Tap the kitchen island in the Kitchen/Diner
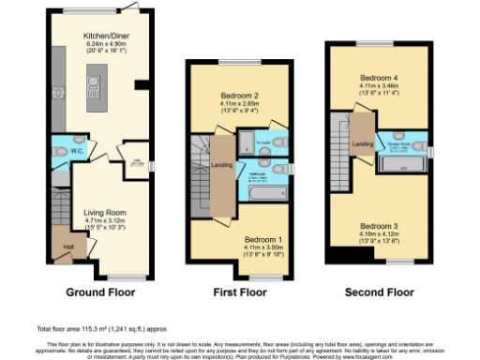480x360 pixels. pos(95,89)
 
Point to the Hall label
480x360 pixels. pos(67,247)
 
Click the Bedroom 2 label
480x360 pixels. pos(239,96)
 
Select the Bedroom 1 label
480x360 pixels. pos(252,238)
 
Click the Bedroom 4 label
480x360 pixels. pos(380,79)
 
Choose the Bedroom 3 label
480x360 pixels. pos(380,226)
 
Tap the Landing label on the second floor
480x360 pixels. pos(361,142)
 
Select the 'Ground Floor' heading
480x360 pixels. pos(97,292)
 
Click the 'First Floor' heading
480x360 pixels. pos(238,292)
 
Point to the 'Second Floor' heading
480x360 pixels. pos(380,292)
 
